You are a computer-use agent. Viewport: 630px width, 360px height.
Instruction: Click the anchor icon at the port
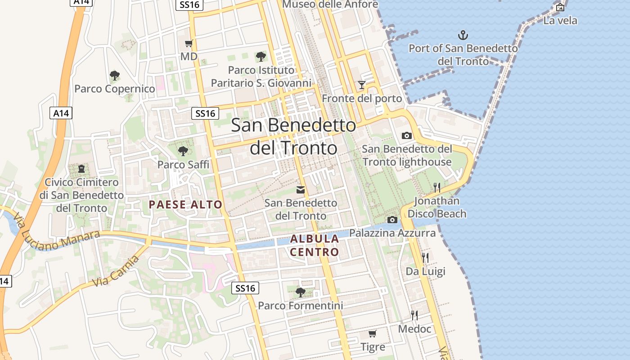(463, 35)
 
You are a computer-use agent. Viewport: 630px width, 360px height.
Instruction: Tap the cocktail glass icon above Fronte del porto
(361, 85)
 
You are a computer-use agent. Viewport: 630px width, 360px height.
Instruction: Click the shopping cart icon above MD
(189, 44)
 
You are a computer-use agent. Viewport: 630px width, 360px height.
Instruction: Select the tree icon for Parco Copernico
(115, 75)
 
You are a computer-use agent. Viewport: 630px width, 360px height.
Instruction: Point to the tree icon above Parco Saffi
(183, 151)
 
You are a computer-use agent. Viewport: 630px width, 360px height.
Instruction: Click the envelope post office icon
(301, 190)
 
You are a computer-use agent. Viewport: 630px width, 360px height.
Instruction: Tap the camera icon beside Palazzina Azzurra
(392, 220)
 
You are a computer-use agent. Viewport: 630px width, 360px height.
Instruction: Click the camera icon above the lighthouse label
(406, 135)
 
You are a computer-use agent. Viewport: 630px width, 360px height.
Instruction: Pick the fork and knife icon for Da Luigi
(425, 258)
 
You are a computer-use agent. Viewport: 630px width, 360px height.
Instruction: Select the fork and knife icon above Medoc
(414, 315)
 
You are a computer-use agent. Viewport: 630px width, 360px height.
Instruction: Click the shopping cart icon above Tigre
(372, 334)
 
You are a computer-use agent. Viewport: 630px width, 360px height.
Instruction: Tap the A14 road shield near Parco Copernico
(61, 113)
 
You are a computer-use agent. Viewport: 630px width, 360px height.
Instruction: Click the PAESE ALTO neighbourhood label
(186, 205)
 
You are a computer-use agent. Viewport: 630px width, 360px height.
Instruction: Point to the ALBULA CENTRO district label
(315, 245)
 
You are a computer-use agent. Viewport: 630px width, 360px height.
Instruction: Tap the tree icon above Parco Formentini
(300, 292)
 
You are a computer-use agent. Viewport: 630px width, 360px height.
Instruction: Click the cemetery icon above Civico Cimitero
(81, 169)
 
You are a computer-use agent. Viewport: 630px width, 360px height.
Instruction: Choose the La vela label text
(560, 21)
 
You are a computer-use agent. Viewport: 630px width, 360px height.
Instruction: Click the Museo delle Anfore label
(330, 4)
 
